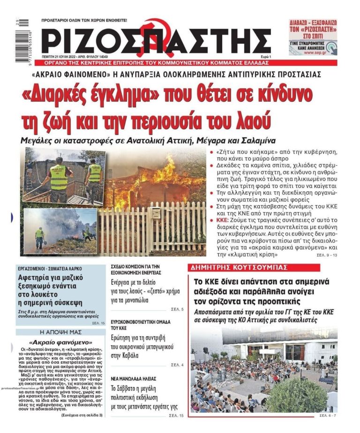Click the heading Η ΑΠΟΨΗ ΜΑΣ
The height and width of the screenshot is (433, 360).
[60, 332]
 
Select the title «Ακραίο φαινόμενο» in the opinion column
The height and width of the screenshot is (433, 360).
[60, 342]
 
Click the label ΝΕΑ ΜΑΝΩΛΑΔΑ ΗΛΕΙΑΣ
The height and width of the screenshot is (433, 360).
[134, 378]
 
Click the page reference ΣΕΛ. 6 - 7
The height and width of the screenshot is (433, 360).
[328, 416]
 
